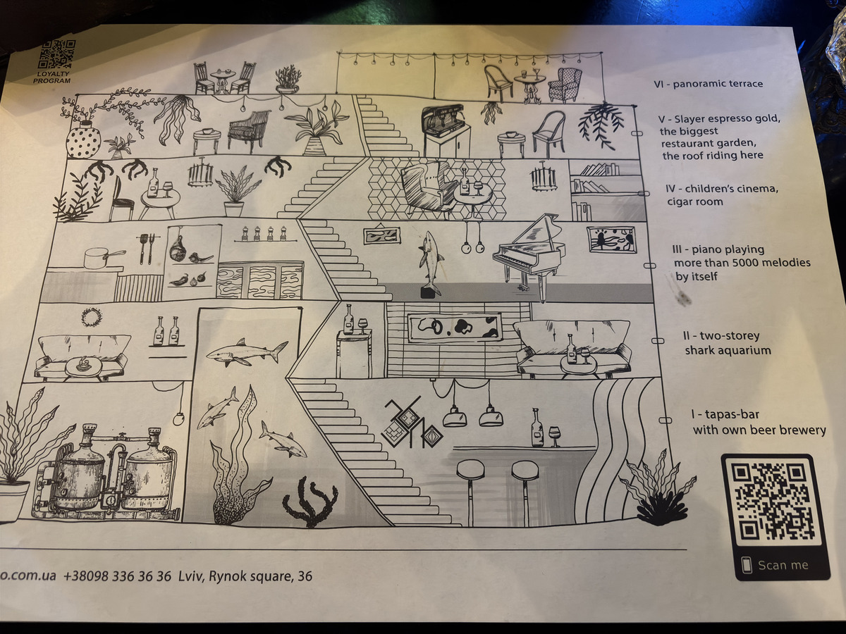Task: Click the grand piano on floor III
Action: [x=528, y=256]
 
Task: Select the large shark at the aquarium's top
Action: [x=247, y=352]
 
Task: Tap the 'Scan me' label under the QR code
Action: [x=783, y=566]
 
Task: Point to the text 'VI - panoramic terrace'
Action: [x=708, y=84]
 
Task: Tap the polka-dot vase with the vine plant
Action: [x=83, y=140]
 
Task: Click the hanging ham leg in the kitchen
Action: [x=178, y=246]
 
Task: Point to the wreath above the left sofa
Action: [x=92, y=317]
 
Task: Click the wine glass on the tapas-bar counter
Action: [x=555, y=436]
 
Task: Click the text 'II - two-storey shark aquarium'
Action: [x=727, y=343]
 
